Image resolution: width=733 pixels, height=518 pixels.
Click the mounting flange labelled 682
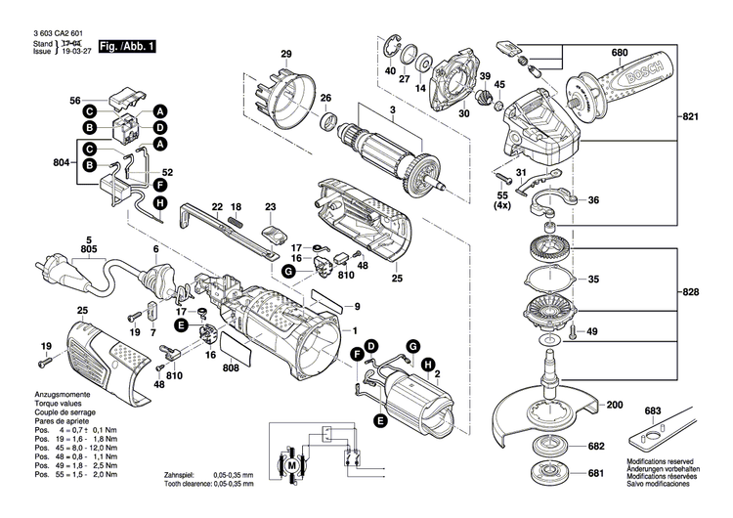pos(556,447)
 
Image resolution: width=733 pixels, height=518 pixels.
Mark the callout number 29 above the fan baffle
pos(286,53)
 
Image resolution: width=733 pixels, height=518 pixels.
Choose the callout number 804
pos(61,164)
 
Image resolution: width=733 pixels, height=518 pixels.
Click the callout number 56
pos(74,101)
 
